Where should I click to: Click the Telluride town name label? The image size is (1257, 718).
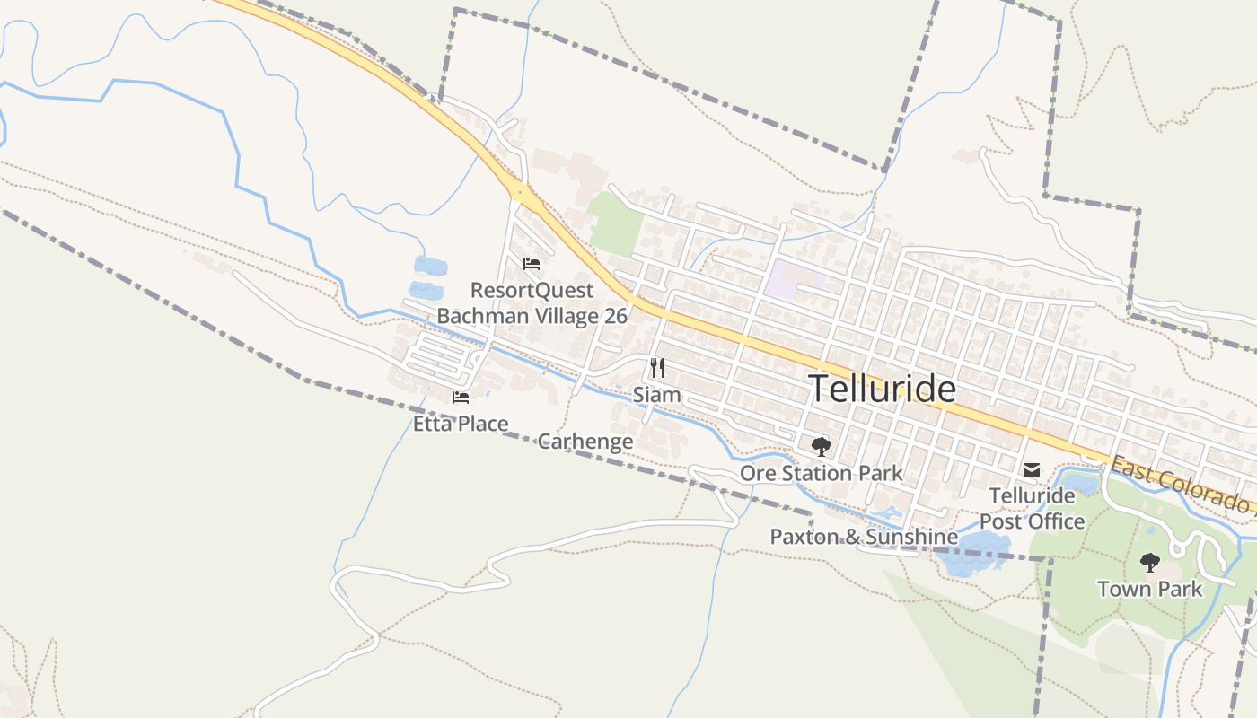point(882,389)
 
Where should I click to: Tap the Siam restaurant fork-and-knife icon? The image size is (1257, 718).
point(657,367)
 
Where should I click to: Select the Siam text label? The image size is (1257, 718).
point(656,395)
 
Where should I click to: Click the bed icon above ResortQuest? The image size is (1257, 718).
point(532,263)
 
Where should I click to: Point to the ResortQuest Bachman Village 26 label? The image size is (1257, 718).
point(532,303)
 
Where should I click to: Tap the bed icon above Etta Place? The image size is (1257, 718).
point(461,398)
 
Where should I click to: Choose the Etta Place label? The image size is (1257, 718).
point(461,424)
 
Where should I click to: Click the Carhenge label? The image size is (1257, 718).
point(585,442)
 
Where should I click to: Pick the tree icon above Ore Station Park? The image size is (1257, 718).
point(821,446)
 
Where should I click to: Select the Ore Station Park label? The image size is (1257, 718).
point(821,473)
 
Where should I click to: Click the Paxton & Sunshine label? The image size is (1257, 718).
point(864,537)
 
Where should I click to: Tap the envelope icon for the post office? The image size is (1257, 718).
point(1032,469)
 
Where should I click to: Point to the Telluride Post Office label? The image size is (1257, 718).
point(1032,508)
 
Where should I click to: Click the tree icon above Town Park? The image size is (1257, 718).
point(1149,563)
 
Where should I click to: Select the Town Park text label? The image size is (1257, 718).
point(1149,589)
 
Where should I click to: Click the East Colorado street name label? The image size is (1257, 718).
point(1181,486)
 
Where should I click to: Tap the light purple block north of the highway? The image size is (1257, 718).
point(783,279)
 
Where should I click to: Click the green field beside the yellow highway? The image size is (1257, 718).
point(616,222)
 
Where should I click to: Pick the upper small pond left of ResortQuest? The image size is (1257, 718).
point(430,265)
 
